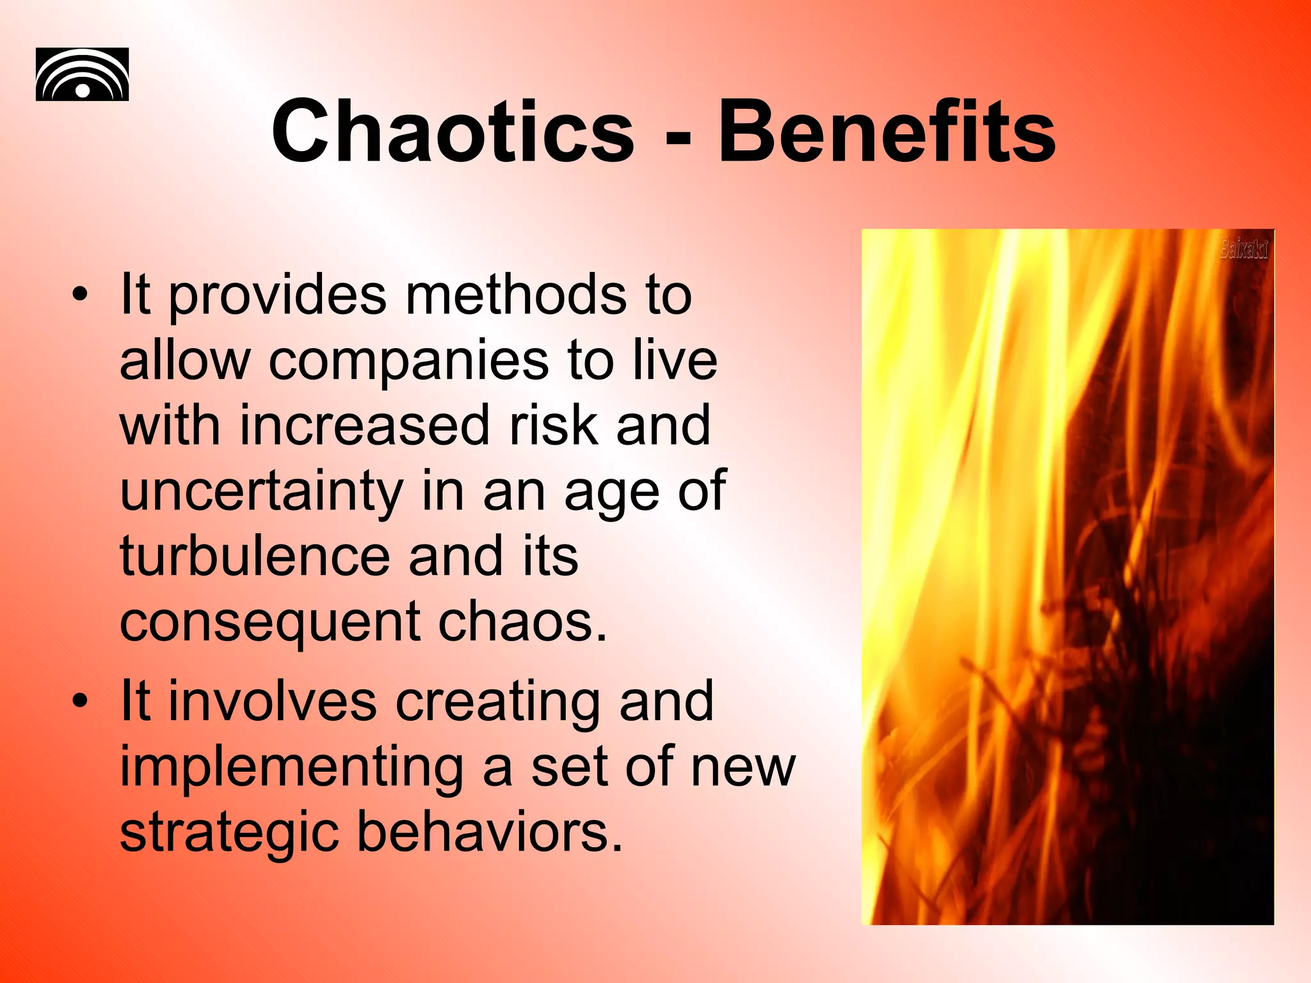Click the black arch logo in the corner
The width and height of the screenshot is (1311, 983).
point(82,74)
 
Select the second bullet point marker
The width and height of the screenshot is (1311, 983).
point(79,701)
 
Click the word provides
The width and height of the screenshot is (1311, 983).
point(278,296)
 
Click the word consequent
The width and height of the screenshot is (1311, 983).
point(270,623)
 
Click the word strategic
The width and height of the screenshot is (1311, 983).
point(229,833)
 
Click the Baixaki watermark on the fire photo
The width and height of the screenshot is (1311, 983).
point(1243,248)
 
